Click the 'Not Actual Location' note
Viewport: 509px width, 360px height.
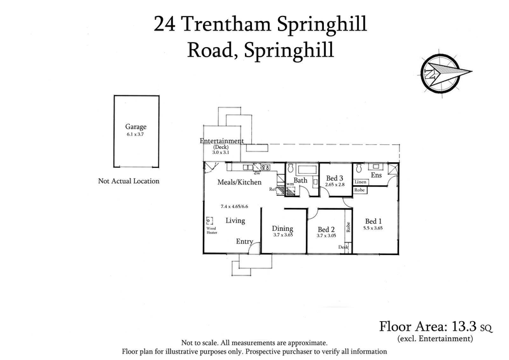tap(129, 181)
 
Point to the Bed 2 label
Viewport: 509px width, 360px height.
tap(326, 230)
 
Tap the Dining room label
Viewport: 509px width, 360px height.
tap(282, 229)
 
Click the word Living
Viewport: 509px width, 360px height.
tap(235, 221)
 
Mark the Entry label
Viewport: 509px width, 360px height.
tap(244, 241)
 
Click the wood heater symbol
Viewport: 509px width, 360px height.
tap(208, 221)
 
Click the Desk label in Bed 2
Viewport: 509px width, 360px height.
tap(344, 247)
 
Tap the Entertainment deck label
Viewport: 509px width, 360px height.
tap(222, 141)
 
